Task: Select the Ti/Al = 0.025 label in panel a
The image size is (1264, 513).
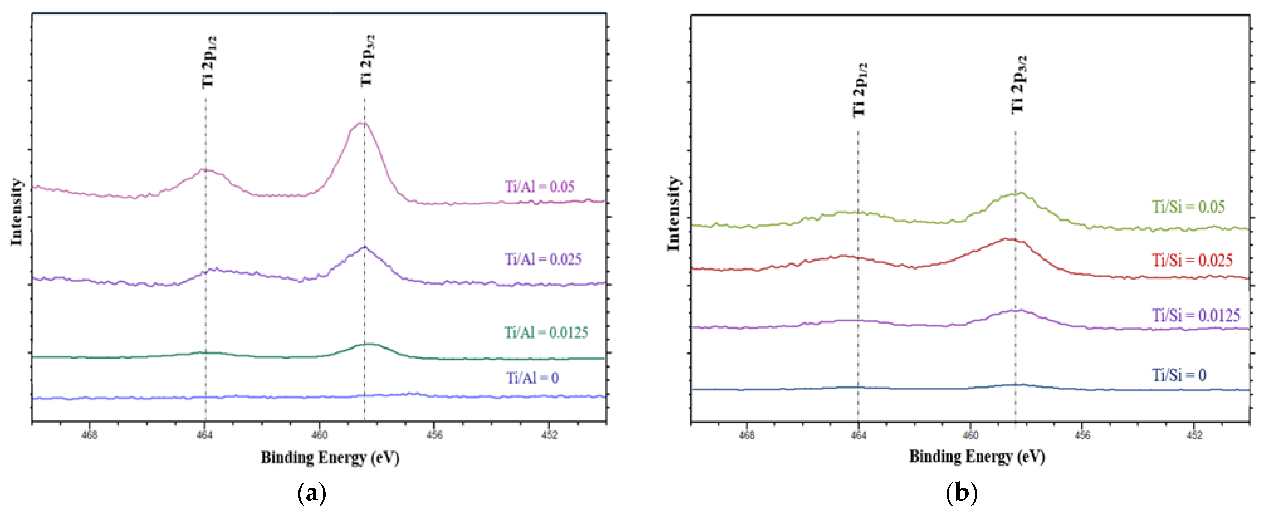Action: pyautogui.click(x=543, y=259)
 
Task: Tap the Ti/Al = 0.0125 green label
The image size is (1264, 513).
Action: pyautogui.click(x=546, y=333)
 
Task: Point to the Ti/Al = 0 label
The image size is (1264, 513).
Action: pyautogui.click(x=532, y=378)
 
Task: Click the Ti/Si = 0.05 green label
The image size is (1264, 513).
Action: pyautogui.click(x=1188, y=207)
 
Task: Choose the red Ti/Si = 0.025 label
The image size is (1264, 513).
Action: pyautogui.click(x=1192, y=260)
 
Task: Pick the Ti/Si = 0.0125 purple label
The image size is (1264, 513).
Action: pyautogui.click(x=1196, y=315)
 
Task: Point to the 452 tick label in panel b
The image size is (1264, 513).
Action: pyautogui.click(x=1194, y=435)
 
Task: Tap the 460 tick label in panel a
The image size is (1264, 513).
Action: pyautogui.click(x=320, y=435)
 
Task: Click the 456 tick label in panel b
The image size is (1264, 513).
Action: pyautogui.click(x=1082, y=435)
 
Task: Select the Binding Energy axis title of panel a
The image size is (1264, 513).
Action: pyautogui.click(x=330, y=458)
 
